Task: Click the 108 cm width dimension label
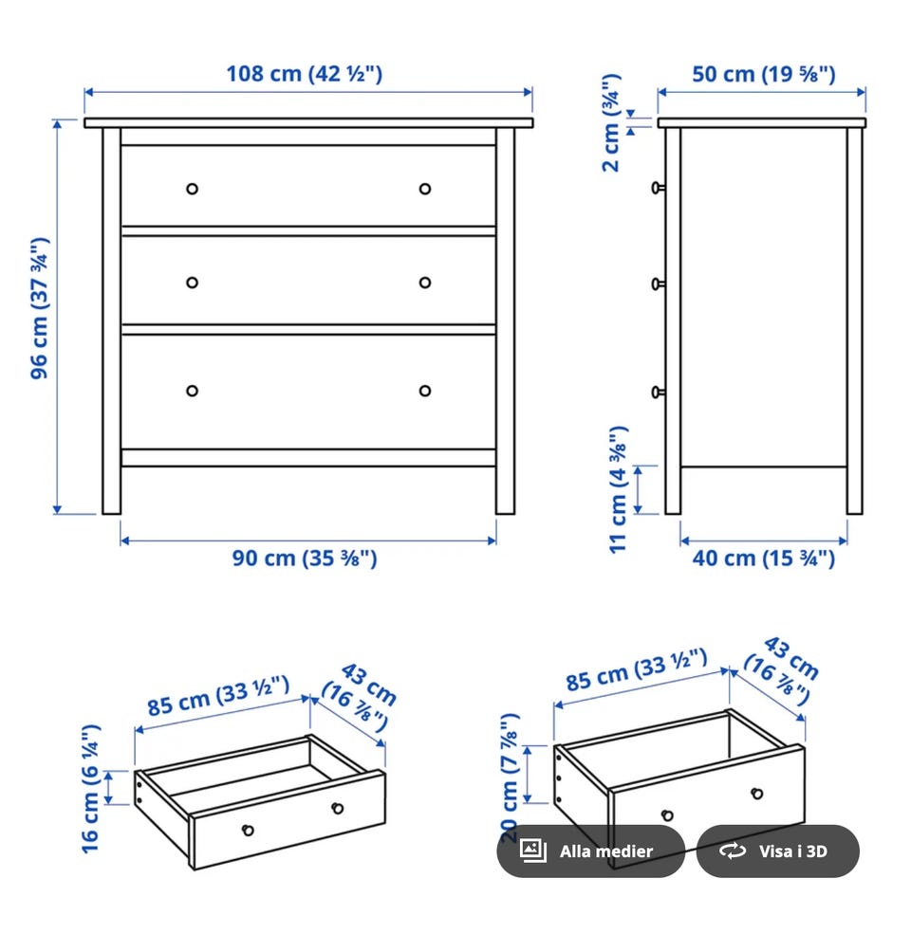point(305,74)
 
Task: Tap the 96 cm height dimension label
point(41,308)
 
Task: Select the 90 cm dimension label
point(305,558)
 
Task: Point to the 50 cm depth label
point(763,74)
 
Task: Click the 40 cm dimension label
point(763,558)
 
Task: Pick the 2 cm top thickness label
point(612,123)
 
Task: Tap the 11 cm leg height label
point(619,489)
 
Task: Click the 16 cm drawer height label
point(90,789)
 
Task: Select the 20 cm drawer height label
point(511,777)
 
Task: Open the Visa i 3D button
point(777,851)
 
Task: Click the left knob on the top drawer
point(192,189)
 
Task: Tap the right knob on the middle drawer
point(424,283)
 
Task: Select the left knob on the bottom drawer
point(192,391)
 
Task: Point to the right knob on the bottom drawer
point(424,391)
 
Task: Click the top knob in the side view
point(658,188)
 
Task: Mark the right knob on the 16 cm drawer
point(338,808)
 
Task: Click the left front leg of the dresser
point(111,320)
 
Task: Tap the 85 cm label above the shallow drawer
point(218,696)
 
